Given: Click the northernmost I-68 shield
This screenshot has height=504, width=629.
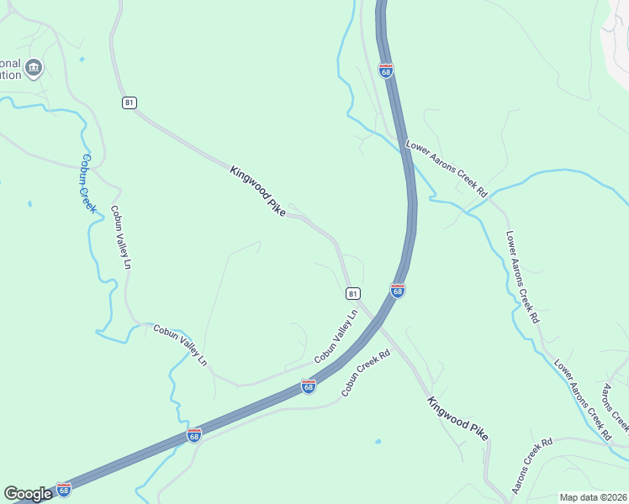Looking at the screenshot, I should pos(385,71).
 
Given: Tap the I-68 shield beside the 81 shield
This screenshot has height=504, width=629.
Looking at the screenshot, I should pos(398,291).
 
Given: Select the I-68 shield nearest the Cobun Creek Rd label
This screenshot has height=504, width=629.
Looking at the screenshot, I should pos(309,386).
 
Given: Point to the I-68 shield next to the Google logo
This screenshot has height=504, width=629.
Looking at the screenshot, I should pos(64,489).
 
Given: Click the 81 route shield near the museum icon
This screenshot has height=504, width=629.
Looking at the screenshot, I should pos(129,102).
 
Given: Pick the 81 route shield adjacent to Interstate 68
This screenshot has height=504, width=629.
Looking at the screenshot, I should pos(353,293).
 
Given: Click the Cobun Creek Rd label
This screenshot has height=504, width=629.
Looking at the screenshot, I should pos(367,374).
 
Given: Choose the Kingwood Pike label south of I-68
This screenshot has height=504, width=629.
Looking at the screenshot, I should pos(457,419).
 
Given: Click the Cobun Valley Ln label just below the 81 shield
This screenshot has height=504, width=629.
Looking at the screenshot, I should pos(336,336).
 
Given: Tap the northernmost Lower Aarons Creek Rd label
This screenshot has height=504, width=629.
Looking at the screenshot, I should pos(447,168).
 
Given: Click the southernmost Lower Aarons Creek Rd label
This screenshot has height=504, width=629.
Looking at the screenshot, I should pos(582,400).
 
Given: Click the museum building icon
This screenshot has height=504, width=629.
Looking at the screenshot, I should pos(34,68).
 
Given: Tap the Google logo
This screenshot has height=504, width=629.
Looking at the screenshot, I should pos(28,494).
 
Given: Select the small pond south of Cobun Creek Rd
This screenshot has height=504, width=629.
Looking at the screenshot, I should pos(378,441).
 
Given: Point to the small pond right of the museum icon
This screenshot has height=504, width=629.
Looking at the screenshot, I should pos(82,59).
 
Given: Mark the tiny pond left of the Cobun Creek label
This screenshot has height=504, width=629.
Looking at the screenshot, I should pos(29,203).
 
